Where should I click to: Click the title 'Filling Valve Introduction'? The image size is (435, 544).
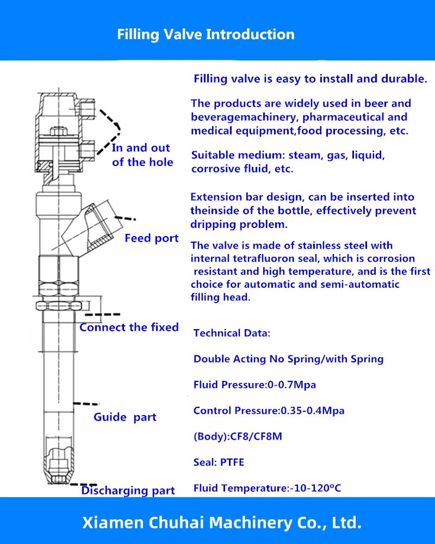pos(206,34)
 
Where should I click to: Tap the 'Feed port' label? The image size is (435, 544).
pos(151,238)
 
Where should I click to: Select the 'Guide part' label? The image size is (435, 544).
pos(125,417)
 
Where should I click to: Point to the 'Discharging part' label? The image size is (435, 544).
pos(128,491)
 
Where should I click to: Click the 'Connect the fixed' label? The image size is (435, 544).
pos(129,327)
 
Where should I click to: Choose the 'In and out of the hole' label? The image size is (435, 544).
pos(142,155)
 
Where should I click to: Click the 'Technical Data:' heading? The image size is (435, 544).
pos(232,333)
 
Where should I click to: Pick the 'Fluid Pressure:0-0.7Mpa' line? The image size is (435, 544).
pos(254,385)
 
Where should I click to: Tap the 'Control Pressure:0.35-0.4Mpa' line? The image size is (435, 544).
pos(269,410)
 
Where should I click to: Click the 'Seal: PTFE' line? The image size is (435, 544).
pos(219,462)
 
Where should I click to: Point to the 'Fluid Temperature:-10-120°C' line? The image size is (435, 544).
pos(267,488)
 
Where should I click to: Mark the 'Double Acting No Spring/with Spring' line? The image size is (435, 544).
pos(288,358)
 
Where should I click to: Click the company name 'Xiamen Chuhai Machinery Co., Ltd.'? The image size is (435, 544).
pos(222,523)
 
